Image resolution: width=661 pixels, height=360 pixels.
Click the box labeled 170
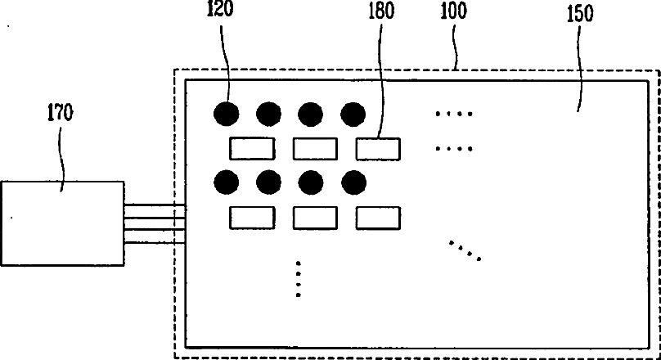(62, 223)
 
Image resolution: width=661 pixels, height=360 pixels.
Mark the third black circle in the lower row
(333, 181)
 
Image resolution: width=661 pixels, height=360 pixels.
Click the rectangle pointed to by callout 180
(378, 148)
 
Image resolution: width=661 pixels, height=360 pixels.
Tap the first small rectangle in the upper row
(251, 148)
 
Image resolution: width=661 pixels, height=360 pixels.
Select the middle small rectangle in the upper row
(315, 148)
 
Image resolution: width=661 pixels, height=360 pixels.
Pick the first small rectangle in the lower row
(251, 218)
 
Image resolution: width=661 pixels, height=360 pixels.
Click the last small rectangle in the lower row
(378, 218)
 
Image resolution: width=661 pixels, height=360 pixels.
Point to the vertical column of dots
(299, 279)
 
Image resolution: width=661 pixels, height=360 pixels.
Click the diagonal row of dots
(465, 250)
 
